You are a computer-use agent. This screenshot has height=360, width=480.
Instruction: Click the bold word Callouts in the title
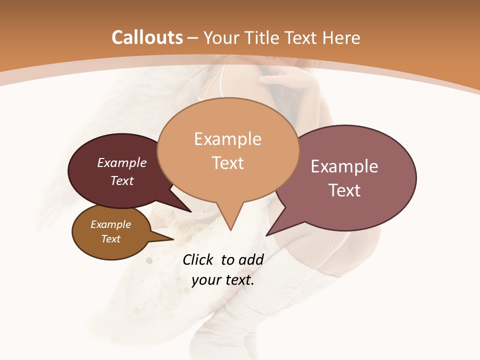[147, 37]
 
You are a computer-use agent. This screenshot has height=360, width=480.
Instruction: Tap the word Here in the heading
[341, 37]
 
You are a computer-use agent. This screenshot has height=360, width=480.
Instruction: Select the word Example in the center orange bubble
[227, 139]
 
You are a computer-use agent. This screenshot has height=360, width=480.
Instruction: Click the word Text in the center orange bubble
[227, 162]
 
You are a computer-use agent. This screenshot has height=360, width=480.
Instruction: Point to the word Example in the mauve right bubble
[344, 166]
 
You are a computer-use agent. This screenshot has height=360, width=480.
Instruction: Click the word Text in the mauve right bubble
[344, 190]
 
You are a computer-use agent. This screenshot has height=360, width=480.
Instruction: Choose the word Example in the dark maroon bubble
[121, 162]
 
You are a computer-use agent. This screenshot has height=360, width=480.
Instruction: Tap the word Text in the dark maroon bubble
[121, 180]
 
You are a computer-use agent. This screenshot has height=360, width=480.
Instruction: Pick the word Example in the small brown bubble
[110, 224]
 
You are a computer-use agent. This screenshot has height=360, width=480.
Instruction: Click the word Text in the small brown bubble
[110, 239]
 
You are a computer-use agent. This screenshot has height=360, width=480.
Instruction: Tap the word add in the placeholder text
[251, 259]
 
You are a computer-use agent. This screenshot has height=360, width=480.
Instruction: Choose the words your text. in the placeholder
[223, 280]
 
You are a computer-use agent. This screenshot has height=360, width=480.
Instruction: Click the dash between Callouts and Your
[193, 38]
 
